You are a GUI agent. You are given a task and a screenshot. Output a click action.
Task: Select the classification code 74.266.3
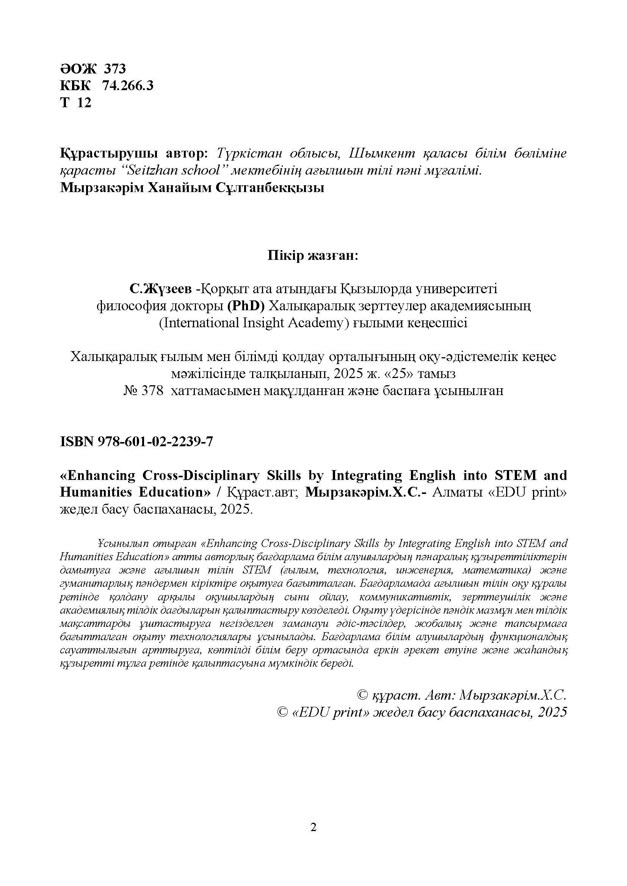click(127, 86)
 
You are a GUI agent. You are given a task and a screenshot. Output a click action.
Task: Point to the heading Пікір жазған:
click(313, 256)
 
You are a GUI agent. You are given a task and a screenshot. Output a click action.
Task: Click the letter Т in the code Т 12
click(64, 103)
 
